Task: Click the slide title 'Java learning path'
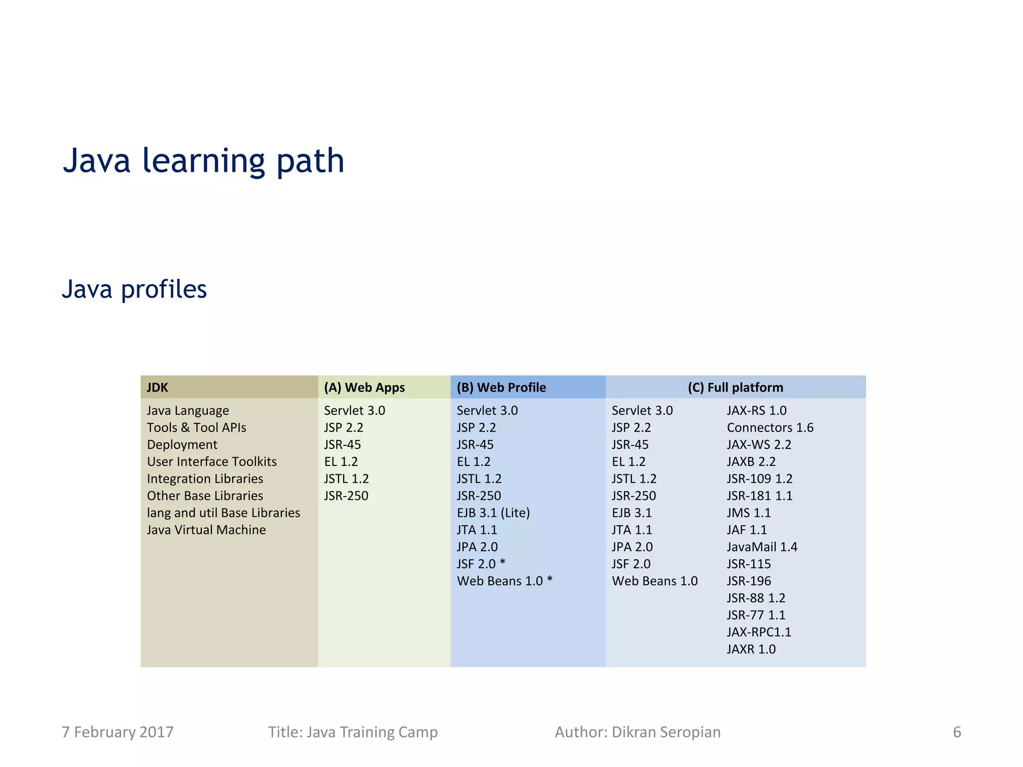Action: [x=203, y=161]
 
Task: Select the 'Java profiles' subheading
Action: [x=134, y=289]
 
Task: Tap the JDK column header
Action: [x=157, y=387]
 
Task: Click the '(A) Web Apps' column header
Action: [x=364, y=387]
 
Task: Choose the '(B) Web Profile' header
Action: [x=501, y=387]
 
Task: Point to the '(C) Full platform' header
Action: [x=735, y=387]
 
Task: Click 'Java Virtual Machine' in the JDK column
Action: [x=206, y=530]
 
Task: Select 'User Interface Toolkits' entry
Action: [x=212, y=461]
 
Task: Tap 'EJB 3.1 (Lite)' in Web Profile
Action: [x=493, y=513]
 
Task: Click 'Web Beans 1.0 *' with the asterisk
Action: [x=505, y=581]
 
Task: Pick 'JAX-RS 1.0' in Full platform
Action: [x=756, y=410]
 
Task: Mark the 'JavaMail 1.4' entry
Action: [x=762, y=547]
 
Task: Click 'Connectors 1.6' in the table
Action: [x=770, y=427]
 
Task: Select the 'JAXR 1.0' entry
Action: [x=751, y=649]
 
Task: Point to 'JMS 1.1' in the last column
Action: [x=748, y=513]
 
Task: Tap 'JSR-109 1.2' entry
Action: [x=759, y=479]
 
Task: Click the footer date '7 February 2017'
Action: [x=117, y=732]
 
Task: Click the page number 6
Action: [x=957, y=732]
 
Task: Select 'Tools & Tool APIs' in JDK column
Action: [x=196, y=427]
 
